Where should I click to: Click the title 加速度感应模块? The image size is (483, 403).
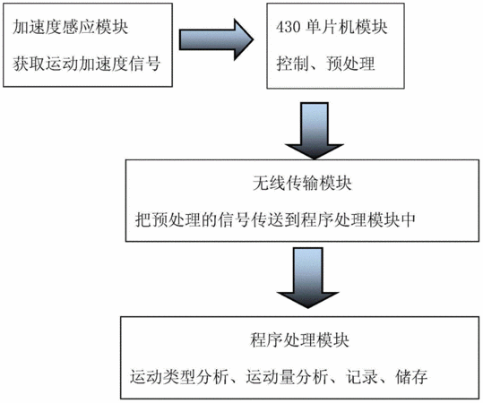(x=70, y=27)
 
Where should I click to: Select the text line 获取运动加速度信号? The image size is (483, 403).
(x=87, y=64)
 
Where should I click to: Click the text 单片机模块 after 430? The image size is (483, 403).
(x=347, y=27)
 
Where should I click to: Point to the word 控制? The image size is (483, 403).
(x=292, y=64)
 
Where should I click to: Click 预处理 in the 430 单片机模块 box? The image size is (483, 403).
(x=350, y=64)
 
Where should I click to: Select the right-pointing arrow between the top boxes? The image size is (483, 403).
(x=216, y=39)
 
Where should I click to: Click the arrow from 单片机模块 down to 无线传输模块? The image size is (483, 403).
(x=315, y=131)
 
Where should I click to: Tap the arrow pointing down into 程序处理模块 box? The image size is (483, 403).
(x=308, y=278)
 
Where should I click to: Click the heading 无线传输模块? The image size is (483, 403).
(x=302, y=184)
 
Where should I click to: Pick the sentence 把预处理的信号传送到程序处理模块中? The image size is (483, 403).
(x=275, y=219)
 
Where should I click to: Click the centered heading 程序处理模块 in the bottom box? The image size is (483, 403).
(x=299, y=340)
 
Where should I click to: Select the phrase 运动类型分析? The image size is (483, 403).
(x=179, y=377)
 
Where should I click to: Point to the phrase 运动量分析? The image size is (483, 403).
(x=287, y=377)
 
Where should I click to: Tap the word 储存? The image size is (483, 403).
(x=411, y=377)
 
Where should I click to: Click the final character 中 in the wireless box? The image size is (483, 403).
(x=408, y=219)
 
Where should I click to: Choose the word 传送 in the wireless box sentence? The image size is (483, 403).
(x=267, y=219)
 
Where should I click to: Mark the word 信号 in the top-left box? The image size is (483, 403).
(x=144, y=64)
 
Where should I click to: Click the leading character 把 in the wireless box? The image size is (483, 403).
(x=143, y=219)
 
